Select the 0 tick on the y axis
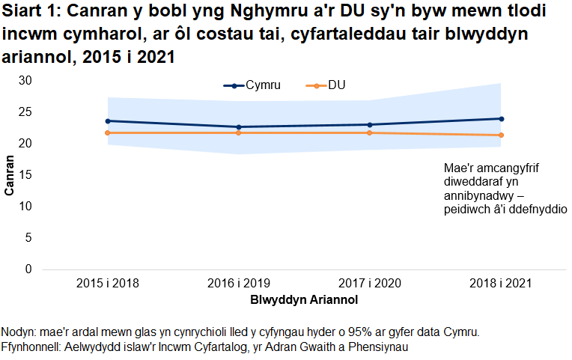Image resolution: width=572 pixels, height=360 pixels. [28, 269]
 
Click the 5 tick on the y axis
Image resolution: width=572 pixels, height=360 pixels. [28, 237]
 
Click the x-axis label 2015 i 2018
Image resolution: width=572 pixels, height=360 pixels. [108, 284]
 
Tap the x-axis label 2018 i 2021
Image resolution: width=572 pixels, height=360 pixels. [501, 284]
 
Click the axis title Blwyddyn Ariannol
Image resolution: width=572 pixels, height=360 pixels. [304, 299]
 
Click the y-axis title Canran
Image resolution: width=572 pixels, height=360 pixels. [10, 175]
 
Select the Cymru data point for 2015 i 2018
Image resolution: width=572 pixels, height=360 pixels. [108, 120]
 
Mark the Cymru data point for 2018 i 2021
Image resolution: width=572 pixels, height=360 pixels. [501, 118]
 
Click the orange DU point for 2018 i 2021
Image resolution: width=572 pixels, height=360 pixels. [501, 135]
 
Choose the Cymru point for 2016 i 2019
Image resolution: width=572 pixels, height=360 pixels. [239, 126]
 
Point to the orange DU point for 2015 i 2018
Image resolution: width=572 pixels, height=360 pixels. [108, 132]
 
